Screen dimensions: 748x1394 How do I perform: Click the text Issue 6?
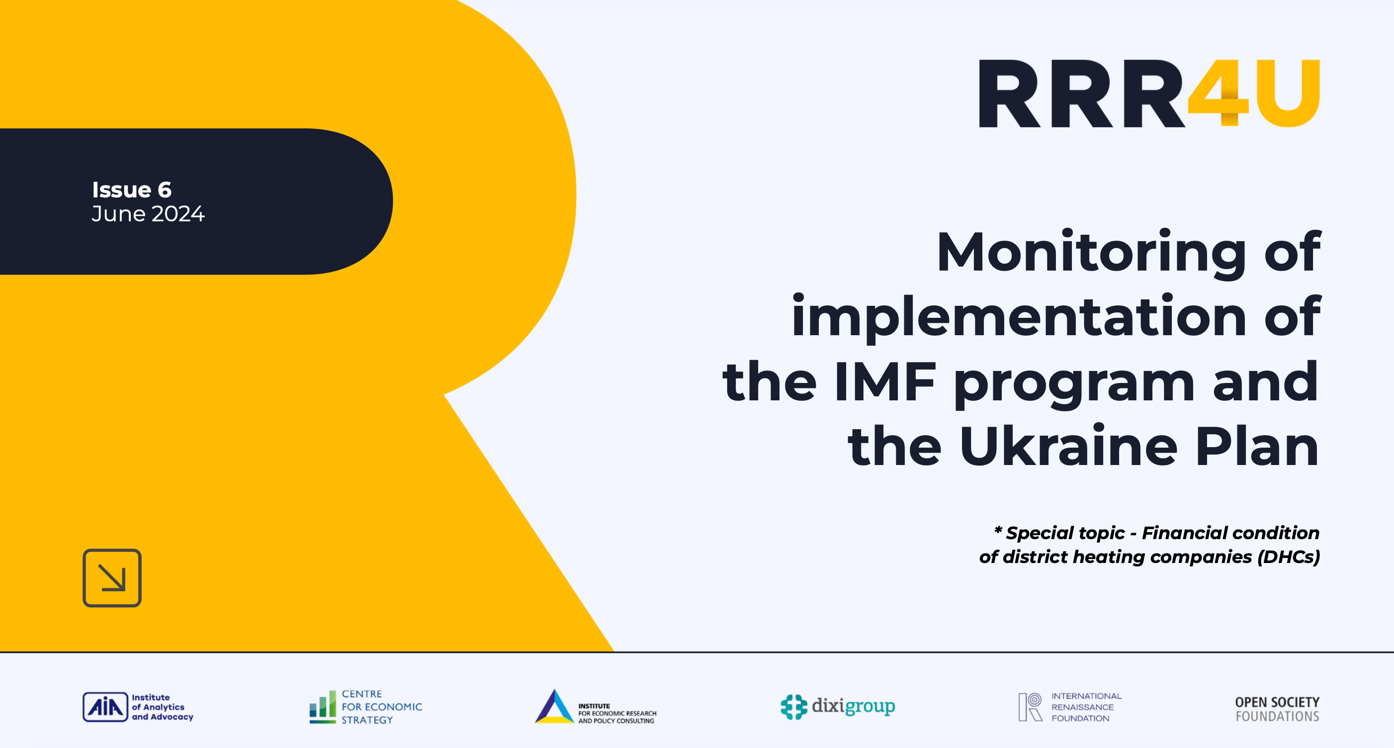132,190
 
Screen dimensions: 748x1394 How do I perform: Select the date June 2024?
148,214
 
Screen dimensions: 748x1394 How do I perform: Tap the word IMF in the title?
884,382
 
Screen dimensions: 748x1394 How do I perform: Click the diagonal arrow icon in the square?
112,578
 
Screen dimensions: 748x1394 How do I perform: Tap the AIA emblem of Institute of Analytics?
105,707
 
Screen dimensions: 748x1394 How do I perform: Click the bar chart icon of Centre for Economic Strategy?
323,707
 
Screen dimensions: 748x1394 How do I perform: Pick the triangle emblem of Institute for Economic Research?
554,707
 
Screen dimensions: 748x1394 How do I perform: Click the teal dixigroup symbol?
793,707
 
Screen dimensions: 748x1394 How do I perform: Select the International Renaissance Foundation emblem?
1030,707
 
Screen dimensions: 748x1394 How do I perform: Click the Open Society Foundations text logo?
1277,709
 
